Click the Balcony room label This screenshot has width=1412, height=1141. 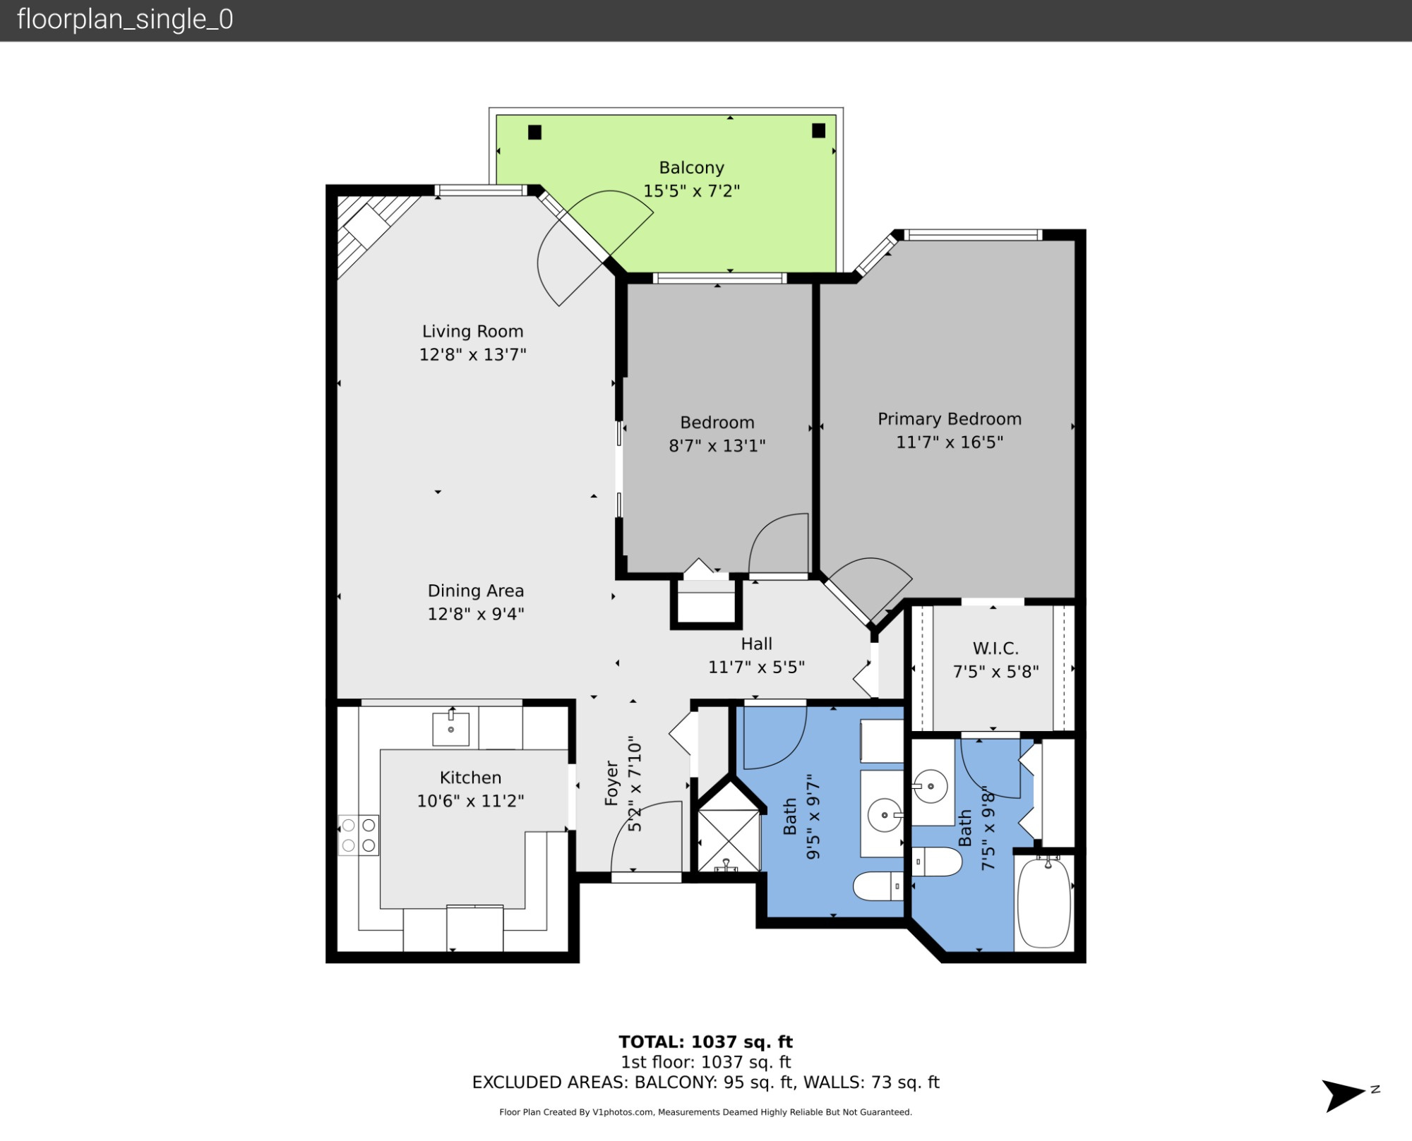[691, 168]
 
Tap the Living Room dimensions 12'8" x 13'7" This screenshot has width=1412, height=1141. [472, 354]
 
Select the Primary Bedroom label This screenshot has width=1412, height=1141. [949, 419]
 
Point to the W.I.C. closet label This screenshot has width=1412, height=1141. [995, 648]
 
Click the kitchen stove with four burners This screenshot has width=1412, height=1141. [359, 835]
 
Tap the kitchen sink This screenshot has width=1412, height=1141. [450, 729]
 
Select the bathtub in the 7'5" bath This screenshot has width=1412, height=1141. [1043, 902]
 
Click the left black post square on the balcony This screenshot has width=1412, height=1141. [534, 132]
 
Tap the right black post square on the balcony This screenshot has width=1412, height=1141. [818, 131]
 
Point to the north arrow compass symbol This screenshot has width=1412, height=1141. [1344, 1095]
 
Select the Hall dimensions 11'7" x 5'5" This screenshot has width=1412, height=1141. [756, 667]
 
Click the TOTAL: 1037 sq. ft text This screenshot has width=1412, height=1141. [705, 1042]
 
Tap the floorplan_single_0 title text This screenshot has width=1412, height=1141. [125, 20]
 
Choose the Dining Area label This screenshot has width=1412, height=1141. [475, 591]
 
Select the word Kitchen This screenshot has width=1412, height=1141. [470, 778]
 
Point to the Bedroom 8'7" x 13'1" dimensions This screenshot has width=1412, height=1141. [717, 446]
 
